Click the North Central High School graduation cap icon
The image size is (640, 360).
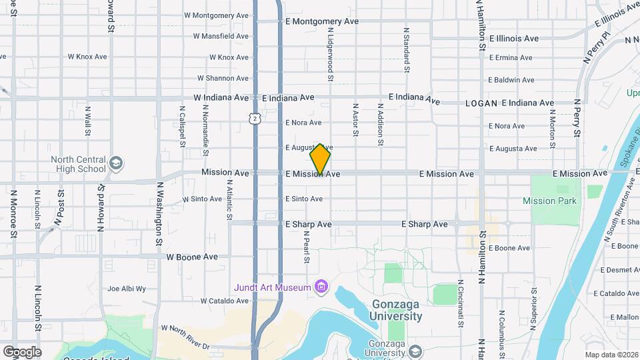115,163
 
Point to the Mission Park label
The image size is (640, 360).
549,201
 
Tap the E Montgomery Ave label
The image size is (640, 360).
321,21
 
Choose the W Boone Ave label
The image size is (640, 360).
192,256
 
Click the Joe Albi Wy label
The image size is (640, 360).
127,289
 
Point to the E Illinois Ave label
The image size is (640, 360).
513,39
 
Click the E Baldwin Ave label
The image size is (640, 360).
511,80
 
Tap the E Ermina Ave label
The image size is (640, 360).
511,58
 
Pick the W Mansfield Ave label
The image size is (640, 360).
221,36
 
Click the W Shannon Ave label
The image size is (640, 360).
223,78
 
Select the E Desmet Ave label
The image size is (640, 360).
620,270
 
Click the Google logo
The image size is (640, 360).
22,351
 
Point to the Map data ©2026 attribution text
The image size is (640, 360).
611,355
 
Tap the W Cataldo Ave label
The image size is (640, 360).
224,301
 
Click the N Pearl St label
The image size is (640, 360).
307,247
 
